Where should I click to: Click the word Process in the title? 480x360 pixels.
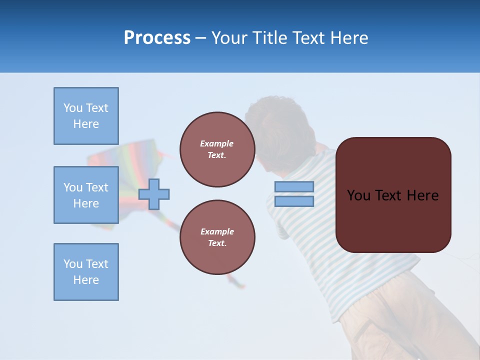point(157,38)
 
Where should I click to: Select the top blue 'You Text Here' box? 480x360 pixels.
point(86,116)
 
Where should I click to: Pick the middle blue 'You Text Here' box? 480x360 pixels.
point(86,195)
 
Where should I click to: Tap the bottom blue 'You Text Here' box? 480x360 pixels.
point(86,272)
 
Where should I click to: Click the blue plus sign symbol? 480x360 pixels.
point(154,194)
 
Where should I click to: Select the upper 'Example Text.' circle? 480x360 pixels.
point(217,149)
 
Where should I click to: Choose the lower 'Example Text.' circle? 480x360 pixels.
point(217,237)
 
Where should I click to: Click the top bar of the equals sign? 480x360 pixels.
point(294,186)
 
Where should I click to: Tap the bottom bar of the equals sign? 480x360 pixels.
point(294,201)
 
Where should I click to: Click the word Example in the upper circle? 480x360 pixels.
point(217,143)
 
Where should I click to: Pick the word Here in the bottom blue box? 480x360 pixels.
point(86,280)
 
